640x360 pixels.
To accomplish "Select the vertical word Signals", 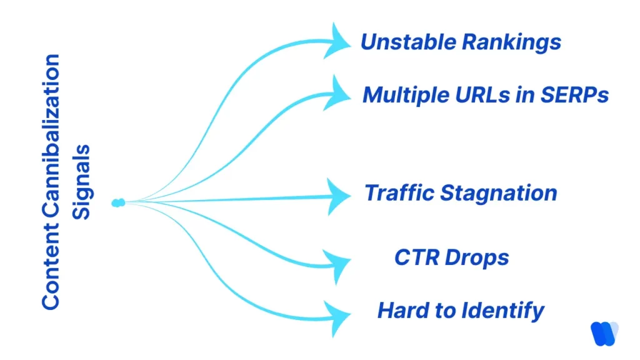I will click(81, 181).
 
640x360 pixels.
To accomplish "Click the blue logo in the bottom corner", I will click(604, 332).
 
